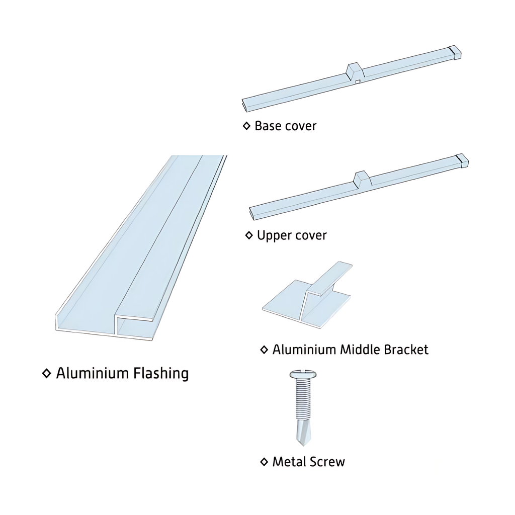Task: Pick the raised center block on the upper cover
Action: point(362,179)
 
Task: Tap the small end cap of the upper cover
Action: point(462,160)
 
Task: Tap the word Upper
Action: point(273,235)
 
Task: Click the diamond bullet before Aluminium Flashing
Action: point(47,374)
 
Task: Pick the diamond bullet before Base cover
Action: point(246,126)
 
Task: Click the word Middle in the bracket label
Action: point(361,350)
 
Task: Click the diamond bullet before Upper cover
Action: point(248,235)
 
